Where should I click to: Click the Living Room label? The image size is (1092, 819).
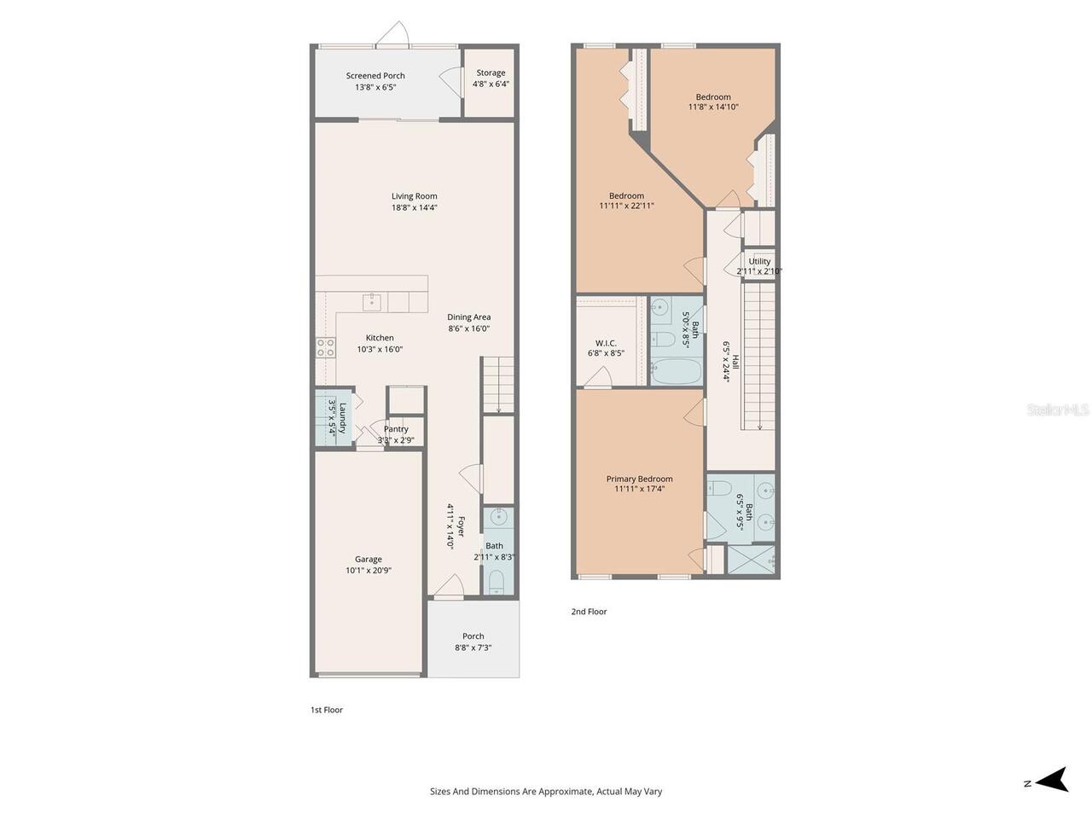[x=414, y=196]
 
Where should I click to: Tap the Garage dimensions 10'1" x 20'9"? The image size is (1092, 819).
[x=369, y=571]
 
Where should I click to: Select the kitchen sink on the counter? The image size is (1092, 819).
[x=372, y=301]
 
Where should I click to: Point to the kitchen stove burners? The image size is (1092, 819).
[x=325, y=347]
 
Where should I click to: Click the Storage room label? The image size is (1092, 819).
[x=491, y=73]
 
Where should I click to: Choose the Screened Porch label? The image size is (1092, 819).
[x=375, y=76]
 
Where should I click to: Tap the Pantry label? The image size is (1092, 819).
[x=396, y=428]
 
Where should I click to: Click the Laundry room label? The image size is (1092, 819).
[x=343, y=418]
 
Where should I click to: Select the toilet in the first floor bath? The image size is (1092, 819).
[x=496, y=582]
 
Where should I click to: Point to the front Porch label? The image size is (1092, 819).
[x=473, y=636]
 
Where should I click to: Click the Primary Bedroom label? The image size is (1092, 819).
[x=639, y=479]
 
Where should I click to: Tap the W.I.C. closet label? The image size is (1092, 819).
[x=606, y=343]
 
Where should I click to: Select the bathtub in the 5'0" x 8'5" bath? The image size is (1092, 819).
[x=677, y=371]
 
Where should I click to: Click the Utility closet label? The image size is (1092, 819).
[x=759, y=261]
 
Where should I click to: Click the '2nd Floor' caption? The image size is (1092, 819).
[x=589, y=611]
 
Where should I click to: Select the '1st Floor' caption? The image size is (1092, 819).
[x=327, y=710]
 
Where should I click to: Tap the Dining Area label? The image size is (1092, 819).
[x=468, y=317]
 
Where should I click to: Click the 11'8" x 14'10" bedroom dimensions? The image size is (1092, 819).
[x=713, y=107]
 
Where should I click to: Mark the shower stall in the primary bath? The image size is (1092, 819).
[x=752, y=560]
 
